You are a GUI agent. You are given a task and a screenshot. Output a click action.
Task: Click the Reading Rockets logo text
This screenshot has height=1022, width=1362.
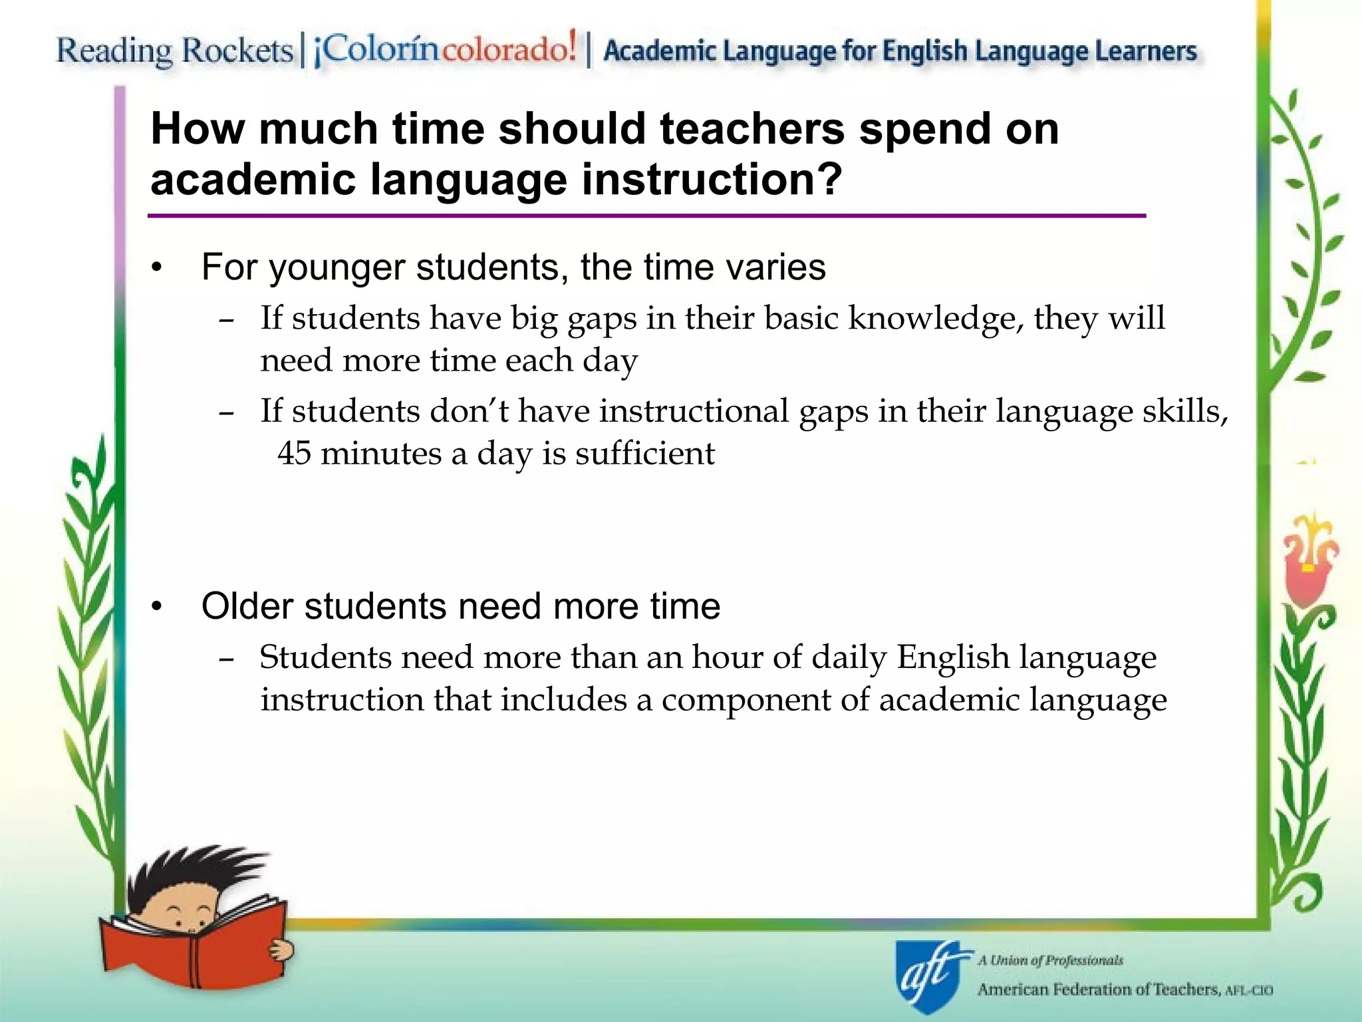[174, 51]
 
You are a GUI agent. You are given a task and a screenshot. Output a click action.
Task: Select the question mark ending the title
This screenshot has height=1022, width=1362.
[829, 179]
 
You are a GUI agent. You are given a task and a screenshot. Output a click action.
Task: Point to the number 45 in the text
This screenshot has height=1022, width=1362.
[294, 454]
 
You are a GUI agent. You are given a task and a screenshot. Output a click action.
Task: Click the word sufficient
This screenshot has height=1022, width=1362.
[644, 454]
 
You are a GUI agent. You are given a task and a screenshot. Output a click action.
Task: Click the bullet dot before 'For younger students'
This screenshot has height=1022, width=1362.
[156, 268]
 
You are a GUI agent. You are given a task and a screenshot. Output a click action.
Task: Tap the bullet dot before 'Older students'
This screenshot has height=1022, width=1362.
[156, 607]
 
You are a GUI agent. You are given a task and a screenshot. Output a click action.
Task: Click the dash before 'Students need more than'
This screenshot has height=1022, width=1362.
[226, 659]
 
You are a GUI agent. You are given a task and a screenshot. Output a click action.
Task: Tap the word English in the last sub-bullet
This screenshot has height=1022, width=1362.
[953, 657]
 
